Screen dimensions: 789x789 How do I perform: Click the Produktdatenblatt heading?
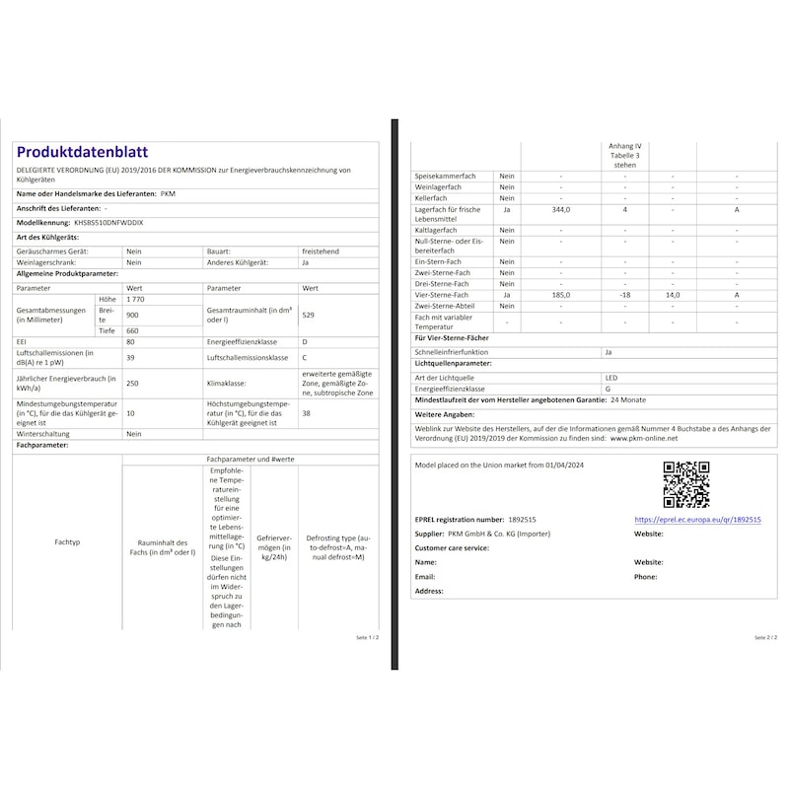point(82,152)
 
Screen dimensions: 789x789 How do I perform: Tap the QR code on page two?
point(685,484)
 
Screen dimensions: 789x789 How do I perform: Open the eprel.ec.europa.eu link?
point(697,520)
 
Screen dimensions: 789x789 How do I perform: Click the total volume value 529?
point(309,315)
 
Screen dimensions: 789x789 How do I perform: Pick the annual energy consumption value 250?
point(132,384)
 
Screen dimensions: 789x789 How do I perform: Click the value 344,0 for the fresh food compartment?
point(561,209)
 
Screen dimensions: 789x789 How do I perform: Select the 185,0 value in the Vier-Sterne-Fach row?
point(561,295)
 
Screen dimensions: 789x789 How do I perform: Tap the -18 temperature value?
point(624,295)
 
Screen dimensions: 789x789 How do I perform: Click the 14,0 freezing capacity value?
point(673,295)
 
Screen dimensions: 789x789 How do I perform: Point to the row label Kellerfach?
point(432,198)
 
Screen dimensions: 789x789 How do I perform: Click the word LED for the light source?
point(611,378)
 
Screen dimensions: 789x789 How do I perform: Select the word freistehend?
point(321,251)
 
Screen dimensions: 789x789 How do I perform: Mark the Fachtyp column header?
point(68,542)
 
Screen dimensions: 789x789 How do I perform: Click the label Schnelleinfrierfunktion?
point(452,351)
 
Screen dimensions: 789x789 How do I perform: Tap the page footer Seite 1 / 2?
point(367,638)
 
